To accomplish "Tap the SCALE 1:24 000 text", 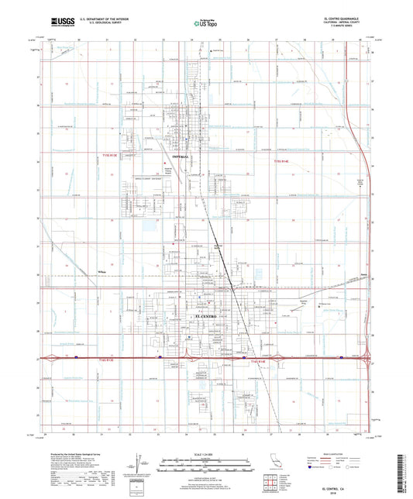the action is (207, 454).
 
